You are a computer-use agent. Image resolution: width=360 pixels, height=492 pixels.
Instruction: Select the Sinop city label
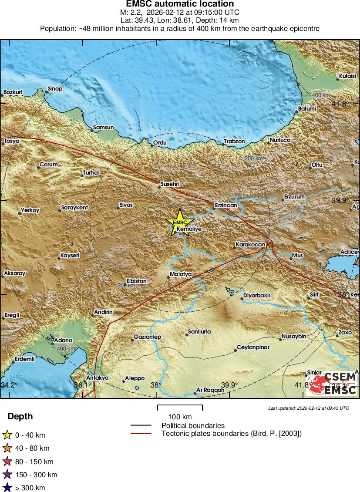pos(55,89)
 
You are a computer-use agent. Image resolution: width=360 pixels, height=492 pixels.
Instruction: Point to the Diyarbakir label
pos(257,296)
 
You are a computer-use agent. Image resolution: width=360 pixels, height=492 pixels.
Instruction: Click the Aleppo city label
pos(135,378)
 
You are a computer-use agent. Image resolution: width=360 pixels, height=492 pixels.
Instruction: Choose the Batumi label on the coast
pos(307,108)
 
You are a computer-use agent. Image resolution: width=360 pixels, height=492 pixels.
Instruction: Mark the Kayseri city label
pos(70,256)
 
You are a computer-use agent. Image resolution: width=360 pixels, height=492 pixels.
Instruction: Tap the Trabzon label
pos(234,142)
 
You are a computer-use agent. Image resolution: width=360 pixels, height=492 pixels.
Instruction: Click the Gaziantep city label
pos(148,337)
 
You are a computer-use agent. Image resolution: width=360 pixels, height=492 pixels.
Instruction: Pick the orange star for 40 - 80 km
pos(7,448)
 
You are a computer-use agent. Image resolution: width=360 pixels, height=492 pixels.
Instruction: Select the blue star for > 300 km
pos(7,488)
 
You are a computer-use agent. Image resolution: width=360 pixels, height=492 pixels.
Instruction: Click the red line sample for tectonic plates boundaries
pos(141,433)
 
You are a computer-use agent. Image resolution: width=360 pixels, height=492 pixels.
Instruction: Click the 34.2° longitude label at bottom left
pos(10,385)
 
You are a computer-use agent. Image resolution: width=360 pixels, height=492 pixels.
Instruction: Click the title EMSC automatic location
pos(180,4)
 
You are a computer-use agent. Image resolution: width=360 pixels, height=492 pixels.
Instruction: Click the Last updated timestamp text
pos(309,408)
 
